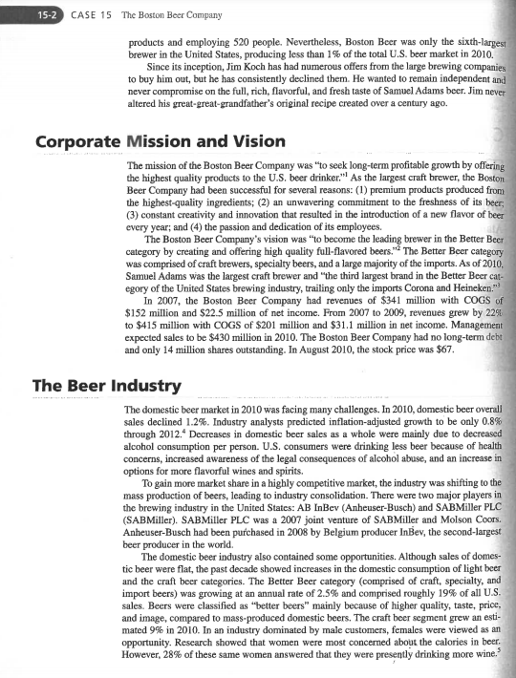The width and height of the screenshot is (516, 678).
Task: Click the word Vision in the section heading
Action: [245, 142]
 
